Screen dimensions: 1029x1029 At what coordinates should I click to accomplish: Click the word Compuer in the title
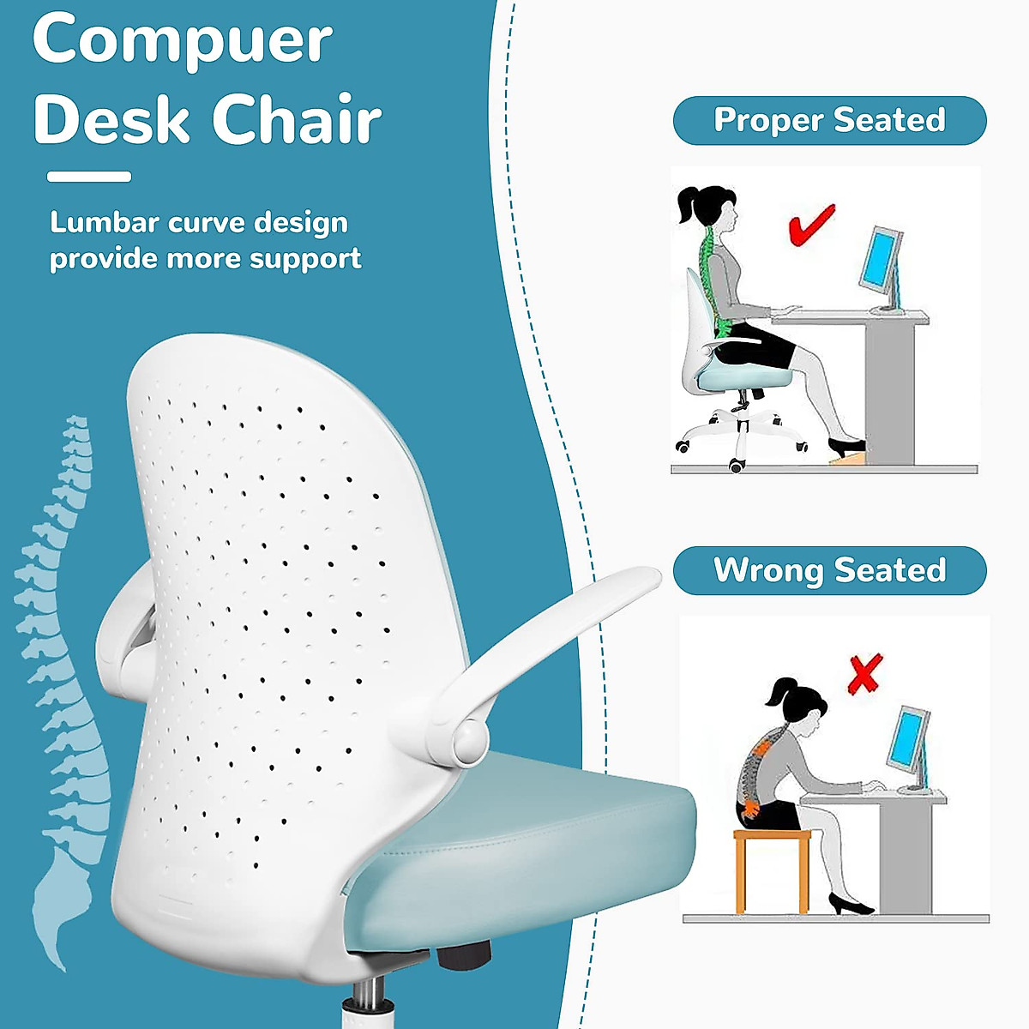[183, 41]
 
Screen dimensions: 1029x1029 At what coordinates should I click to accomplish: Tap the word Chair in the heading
[297, 119]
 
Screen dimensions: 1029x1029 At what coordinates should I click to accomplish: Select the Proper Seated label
[829, 120]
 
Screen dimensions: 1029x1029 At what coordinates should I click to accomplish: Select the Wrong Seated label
[829, 570]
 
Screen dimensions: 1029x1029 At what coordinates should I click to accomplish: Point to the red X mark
[864, 675]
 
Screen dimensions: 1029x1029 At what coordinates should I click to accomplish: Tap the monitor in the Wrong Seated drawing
[909, 739]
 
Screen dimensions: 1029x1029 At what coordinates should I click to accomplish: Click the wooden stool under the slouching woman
[771, 866]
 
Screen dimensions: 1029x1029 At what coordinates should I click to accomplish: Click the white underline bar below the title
[89, 177]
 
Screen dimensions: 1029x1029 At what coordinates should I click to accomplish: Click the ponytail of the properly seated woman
[689, 206]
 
